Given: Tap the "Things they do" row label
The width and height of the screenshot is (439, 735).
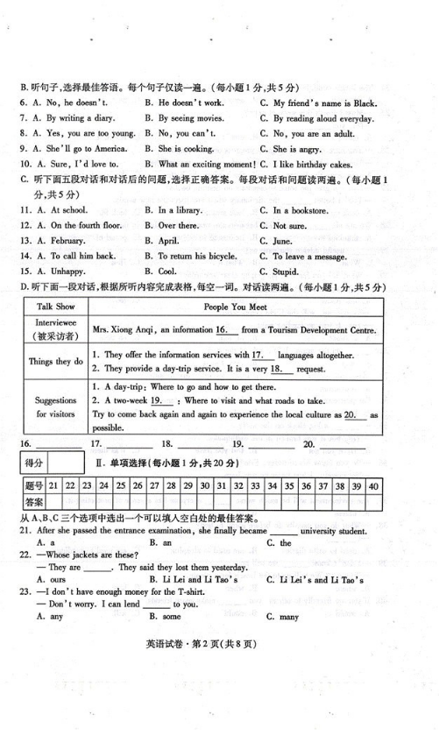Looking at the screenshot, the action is (x=56, y=361).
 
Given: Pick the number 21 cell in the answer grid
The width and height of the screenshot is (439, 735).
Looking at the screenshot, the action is (x=54, y=485).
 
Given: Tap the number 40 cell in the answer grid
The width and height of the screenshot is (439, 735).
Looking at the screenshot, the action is (x=373, y=485).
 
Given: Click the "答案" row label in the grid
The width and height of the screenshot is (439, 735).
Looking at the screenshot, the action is (x=34, y=502).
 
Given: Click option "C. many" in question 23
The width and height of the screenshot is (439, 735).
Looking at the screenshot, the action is (x=287, y=617).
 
